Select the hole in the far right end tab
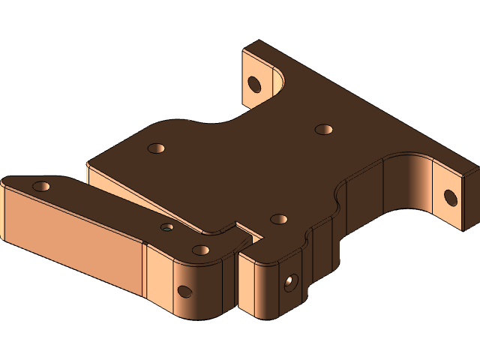(450, 197)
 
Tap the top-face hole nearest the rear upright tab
(324, 129)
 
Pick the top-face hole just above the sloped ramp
(156, 148)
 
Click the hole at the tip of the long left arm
(41, 185)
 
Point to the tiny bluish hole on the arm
(167, 226)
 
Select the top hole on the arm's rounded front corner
(200, 250)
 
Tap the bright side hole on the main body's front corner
(290, 282)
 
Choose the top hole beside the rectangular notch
(279, 219)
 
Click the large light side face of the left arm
(71, 240)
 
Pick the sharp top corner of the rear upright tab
(259, 41)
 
